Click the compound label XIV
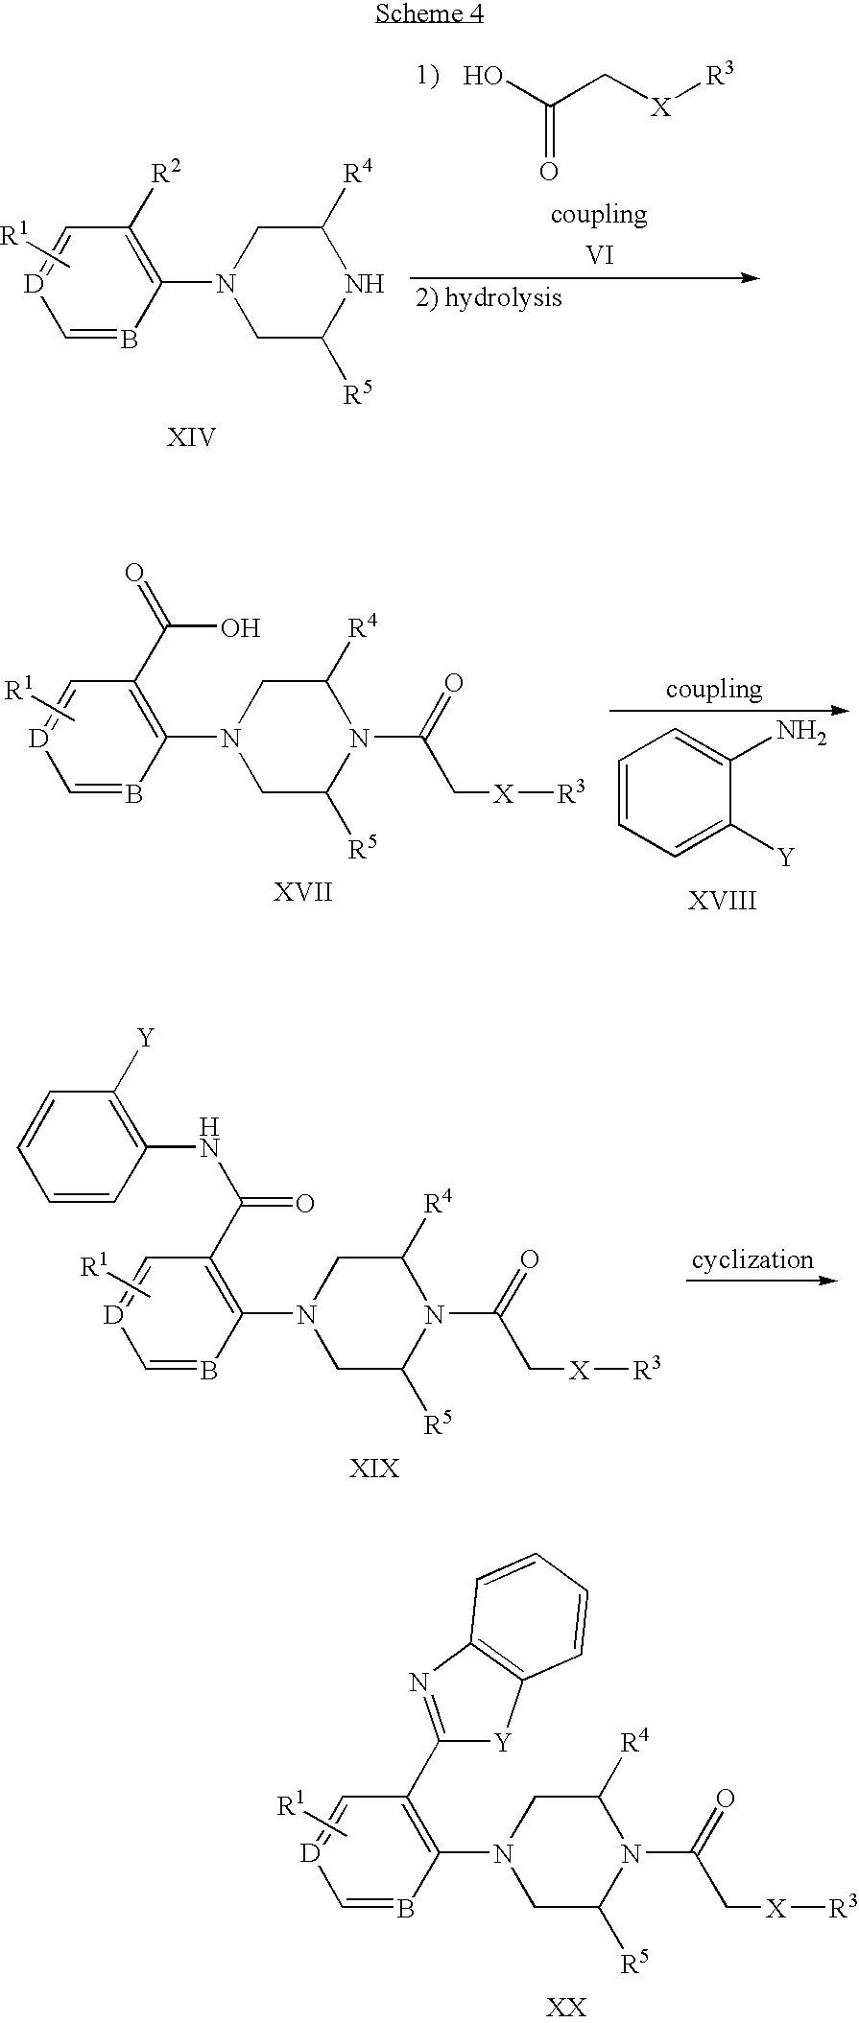pyautogui.click(x=191, y=438)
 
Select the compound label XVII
pyautogui.click(x=302, y=892)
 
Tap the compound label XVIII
pyautogui.click(x=722, y=900)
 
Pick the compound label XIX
pyautogui.click(x=374, y=1468)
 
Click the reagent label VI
pyautogui.click(x=600, y=255)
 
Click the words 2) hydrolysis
pyautogui.click(x=489, y=297)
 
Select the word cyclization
pyautogui.click(x=752, y=1259)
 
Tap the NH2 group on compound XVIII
pyautogui.click(x=800, y=734)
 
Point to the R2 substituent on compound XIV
pyautogui.click(x=165, y=176)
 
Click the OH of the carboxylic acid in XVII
pyautogui.click(x=240, y=628)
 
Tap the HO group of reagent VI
pyautogui.click(x=484, y=78)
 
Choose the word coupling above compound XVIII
pyautogui.click(x=714, y=689)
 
